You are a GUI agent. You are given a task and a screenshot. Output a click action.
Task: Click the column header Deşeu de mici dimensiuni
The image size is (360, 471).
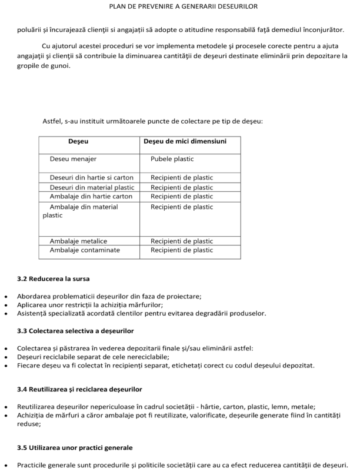185,141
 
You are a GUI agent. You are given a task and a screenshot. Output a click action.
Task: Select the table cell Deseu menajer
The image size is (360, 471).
73,159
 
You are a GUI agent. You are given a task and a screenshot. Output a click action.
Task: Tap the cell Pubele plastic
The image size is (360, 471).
172,159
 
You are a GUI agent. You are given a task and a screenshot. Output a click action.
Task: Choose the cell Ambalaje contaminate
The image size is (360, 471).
85,250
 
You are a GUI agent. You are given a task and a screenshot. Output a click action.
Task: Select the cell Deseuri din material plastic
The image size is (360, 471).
92,187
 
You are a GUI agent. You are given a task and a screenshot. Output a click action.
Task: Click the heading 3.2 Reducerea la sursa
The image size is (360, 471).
54,277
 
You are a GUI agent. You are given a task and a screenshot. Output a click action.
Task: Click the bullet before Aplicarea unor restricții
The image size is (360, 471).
6,305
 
